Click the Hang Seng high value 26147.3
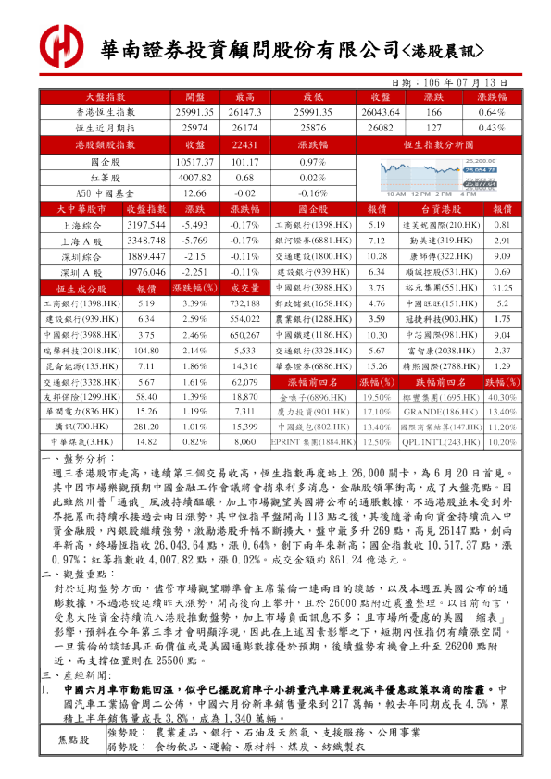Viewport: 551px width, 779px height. pyautogui.click(x=245, y=112)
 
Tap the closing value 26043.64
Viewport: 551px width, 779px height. pyautogui.click(x=381, y=112)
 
